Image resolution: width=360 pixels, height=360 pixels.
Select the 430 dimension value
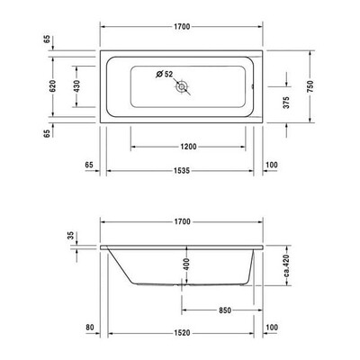pyautogui.click(x=76, y=86)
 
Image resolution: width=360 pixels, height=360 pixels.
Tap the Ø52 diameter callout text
pyautogui.click(x=165, y=74)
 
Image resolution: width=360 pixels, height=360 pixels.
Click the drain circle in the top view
pyautogui.click(x=182, y=87)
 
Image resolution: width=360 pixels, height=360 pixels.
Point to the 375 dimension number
pyautogui.click(x=287, y=103)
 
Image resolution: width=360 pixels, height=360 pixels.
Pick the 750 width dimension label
pyautogui.click(x=310, y=86)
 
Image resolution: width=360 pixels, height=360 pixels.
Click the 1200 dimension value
pyautogui.click(x=188, y=147)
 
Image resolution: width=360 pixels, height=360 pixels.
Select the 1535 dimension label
pyautogui.click(x=182, y=171)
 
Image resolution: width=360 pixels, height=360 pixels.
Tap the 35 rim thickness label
pyautogui.click(x=71, y=236)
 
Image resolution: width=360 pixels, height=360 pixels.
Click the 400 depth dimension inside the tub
pyautogui.click(x=186, y=265)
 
